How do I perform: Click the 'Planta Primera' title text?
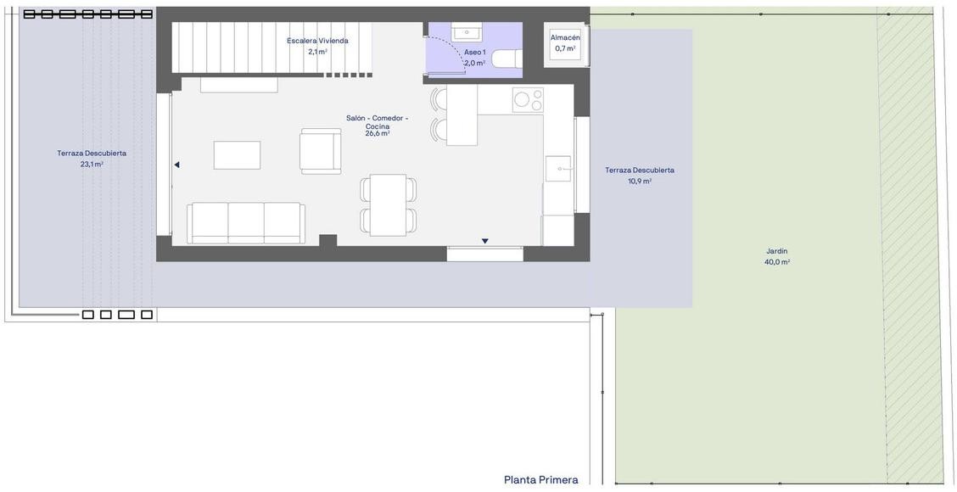pyautogui.click(x=540, y=480)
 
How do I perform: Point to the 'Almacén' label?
pyautogui.click(x=564, y=38)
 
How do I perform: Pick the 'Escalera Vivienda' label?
pyautogui.click(x=318, y=41)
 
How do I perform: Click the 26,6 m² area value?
pyautogui.click(x=378, y=133)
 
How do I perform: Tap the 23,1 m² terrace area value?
pyautogui.click(x=92, y=165)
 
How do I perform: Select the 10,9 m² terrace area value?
pyautogui.click(x=640, y=182)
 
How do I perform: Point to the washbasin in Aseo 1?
pyautogui.click(x=467, y=31)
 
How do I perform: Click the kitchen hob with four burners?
pyautogui.click(x=528, y=100)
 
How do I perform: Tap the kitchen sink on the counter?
pyautogui.click(x=558, y=169)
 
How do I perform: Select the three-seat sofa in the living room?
pyautogui.click(x=246, y=223)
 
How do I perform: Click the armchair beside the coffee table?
pyautogui.click(x=321, y=151)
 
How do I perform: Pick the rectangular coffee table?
pyautogui.click(x=237, y=155)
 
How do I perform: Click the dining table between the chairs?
pyautogui.click(x=389, y=204)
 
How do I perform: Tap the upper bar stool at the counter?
pyautogui.click(x=439, y=99)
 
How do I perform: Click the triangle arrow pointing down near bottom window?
pyautogui.click(x=484, y=241)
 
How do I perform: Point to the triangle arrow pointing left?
pyautogui.click(x=177, y=165)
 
